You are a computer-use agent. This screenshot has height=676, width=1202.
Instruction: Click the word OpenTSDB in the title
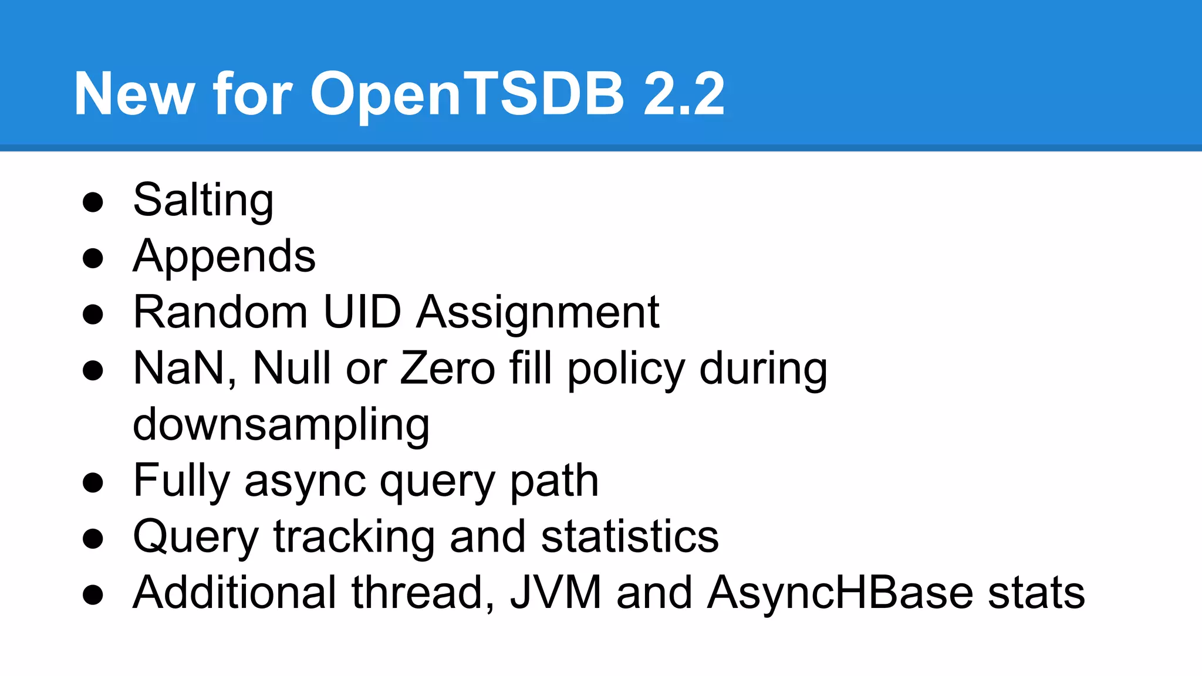point(467,94)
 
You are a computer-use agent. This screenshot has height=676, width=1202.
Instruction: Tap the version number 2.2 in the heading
point(684,94)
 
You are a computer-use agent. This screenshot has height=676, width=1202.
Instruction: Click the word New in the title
point(134,94)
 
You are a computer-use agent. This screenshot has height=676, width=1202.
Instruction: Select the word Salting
point(203,201)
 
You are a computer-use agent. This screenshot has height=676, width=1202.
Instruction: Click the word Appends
point(224,256)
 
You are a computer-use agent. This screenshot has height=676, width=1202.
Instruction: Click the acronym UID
point(362,312)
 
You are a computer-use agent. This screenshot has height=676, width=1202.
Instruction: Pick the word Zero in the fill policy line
point(448,369)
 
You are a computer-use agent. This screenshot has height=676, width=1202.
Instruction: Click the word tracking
point(353,537)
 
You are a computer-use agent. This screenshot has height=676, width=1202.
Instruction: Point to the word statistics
point(629,536)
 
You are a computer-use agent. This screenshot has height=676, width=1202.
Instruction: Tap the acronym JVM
point(556,593)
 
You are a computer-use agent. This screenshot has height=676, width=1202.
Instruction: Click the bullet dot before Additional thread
point(93,594)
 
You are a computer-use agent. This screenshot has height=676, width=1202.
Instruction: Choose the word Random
point(220,312)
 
